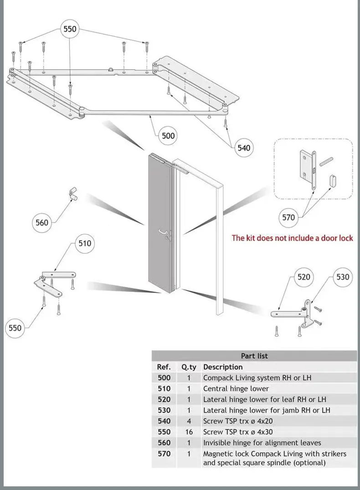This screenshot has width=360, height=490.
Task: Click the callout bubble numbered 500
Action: [168, 135]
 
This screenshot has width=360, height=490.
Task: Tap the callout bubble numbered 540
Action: [244, 148]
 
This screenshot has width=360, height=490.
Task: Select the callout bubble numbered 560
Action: [42, 222]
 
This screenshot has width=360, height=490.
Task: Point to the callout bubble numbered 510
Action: [85, 243]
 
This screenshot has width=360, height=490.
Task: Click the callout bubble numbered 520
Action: [303, 277]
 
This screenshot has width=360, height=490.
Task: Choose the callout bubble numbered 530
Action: [343, 277]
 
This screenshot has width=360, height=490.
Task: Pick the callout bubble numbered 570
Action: [289, 217]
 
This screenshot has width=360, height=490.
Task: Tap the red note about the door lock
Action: [292, 238]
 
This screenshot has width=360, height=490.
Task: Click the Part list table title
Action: [254, 356]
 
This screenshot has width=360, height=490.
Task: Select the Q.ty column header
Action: [189, 367]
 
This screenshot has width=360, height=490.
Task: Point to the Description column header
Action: [223, 367]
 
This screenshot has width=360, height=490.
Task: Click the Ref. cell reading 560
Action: [164, 443]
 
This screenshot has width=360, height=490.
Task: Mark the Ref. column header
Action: [164, 367]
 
